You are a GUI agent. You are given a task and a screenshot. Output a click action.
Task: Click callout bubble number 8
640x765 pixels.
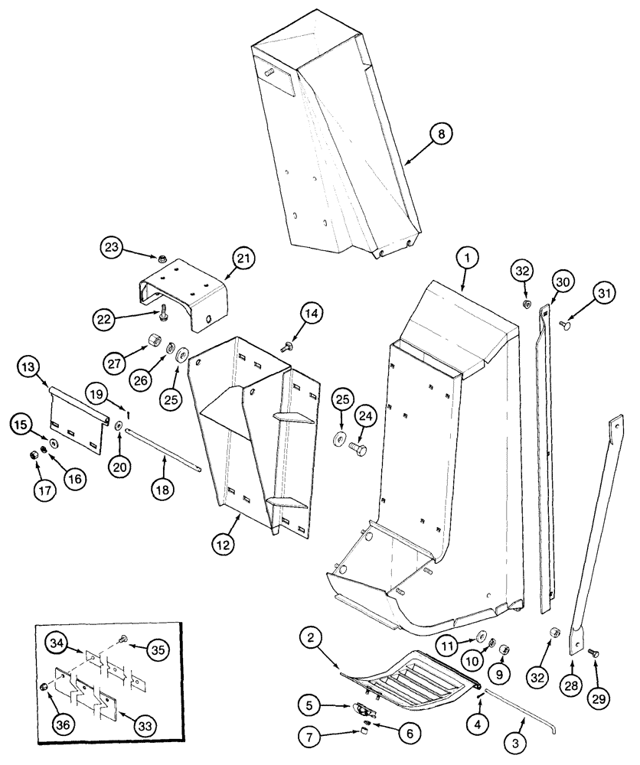[441, 134]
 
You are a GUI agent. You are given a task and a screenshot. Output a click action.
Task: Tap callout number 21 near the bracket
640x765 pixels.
[245, 259]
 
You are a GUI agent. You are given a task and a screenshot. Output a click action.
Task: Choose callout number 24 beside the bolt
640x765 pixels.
[364, 416]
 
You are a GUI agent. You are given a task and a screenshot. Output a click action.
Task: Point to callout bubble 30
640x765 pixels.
[563, 283]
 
